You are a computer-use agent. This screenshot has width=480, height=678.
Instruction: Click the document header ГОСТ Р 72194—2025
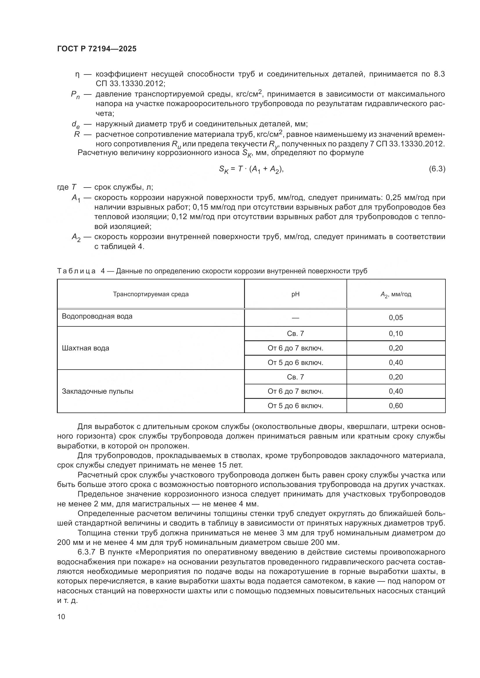point(97,49)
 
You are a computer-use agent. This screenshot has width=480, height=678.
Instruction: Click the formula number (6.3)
point(437,169)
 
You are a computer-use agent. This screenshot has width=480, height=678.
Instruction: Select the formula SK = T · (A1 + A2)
point(251,169)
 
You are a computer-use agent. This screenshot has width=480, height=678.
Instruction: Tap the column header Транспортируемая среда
point(151,294)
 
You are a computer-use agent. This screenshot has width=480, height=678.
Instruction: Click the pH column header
point(295,294)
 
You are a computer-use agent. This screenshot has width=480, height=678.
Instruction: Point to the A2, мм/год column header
point(396,295)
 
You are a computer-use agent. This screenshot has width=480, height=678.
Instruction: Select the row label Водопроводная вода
point(97,316)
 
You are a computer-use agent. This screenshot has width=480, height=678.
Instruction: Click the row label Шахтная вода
point(85,348)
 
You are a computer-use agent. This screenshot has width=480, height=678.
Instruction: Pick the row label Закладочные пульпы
point(98,391)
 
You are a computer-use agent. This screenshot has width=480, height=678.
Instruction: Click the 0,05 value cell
point(396,318)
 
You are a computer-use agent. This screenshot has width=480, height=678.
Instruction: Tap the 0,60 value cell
point(396,406)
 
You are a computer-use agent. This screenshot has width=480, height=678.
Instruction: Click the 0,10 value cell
point(396,333)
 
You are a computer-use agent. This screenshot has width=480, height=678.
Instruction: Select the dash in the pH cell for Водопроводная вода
point(295,318)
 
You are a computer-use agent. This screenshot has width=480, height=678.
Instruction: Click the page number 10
point(61,617)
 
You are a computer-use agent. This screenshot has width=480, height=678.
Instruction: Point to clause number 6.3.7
point(87,552)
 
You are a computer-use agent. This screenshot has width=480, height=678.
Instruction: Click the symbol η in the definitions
point(77,74)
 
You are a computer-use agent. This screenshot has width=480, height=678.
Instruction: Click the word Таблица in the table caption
point(76,271)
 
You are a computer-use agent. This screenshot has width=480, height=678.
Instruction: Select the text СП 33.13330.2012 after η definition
point(130,83)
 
